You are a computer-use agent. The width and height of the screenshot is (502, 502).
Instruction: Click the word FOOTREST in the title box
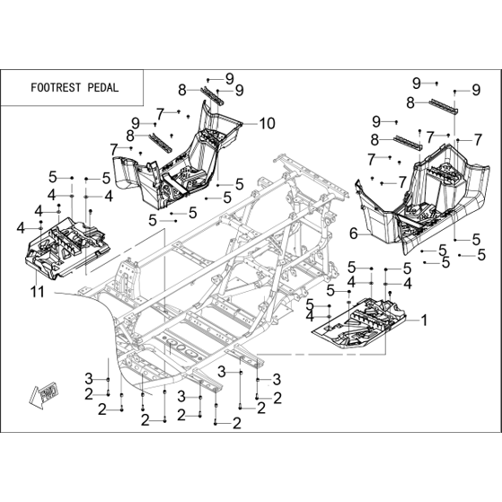pyautogui.click(x=57, y=87)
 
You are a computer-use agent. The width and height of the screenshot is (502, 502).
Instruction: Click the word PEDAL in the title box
pyautogui.click(x=102, y=87)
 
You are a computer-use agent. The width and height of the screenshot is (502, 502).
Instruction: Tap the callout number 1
pyautogui.click(x=424, y=320)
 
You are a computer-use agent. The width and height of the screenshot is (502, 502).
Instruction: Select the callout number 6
pyautogui.click(x=354, y=233)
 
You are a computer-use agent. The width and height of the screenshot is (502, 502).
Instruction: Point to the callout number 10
pyautogui.click(x=268, y=123)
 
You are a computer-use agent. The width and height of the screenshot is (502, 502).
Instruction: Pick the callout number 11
pyautogui.click(x=38, y=291)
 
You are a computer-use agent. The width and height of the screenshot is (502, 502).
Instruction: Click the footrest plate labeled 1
pyautogui.click(x=358, y=323)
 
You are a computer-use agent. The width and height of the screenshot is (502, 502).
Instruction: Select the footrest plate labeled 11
pyautogui.click(x=67, y=247)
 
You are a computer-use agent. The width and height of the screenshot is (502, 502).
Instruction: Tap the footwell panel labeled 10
pyautogui.click(x=180, y=160)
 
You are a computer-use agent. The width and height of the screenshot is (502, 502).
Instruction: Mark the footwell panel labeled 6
pyautogui.click(x=423, y=198)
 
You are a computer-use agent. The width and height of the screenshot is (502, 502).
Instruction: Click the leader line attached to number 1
pyautogui.click(x=412, y=320)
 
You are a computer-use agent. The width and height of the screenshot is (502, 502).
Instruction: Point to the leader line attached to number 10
pyautogui.click(x=251, y=124)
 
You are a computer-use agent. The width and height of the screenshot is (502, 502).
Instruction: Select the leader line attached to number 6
pyautogui.click(x=364, y=234)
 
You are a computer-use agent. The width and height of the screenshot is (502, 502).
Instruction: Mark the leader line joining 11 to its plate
pyautogui.click(x=37, y=277)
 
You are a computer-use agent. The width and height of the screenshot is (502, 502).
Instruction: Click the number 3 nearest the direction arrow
pyautogui.click(x=89, y=379)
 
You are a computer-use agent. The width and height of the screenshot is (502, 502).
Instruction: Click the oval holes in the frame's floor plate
pyautogui.click(x=181, y=348)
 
